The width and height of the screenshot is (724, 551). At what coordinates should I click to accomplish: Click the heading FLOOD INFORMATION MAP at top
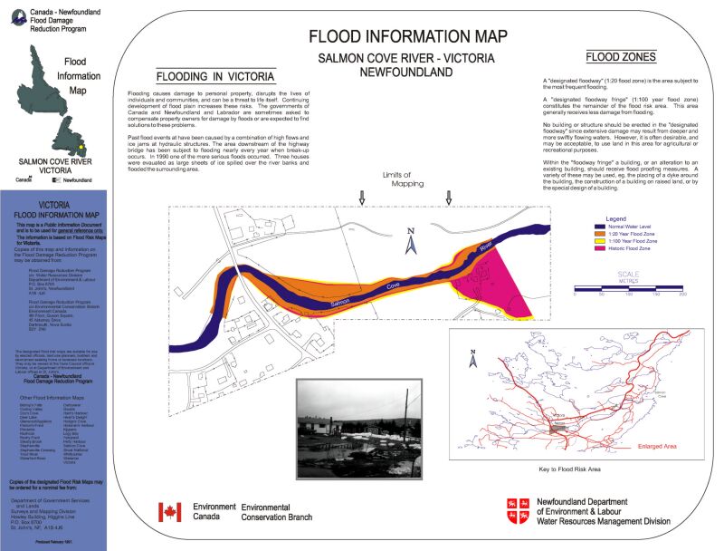407,36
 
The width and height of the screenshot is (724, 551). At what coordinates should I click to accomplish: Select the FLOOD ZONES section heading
620,56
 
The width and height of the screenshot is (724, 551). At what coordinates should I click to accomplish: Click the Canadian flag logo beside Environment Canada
169,512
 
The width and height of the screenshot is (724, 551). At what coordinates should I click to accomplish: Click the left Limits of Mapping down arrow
362,198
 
